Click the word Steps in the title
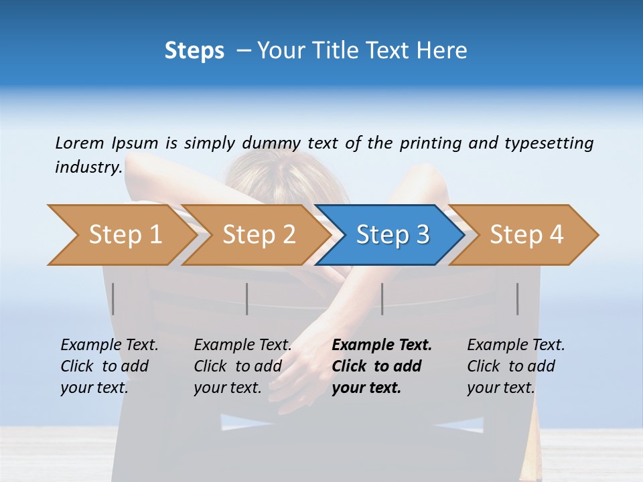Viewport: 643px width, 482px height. coord(194,51)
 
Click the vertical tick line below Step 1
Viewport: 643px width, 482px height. coord(113,299)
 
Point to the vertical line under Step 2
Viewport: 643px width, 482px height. coord(247,299)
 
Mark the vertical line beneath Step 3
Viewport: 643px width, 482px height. coord(382,299)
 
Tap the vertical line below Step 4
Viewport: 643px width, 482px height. coord(517,299)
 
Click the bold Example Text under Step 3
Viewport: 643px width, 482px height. coord(382,366)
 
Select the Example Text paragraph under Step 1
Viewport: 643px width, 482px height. coord(109,366)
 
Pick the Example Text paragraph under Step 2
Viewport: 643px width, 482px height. coord(242,366)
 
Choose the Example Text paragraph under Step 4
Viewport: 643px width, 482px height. coord(516,366)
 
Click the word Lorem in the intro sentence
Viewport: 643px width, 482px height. coord(80,143)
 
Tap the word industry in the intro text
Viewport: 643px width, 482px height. coord(88,167)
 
